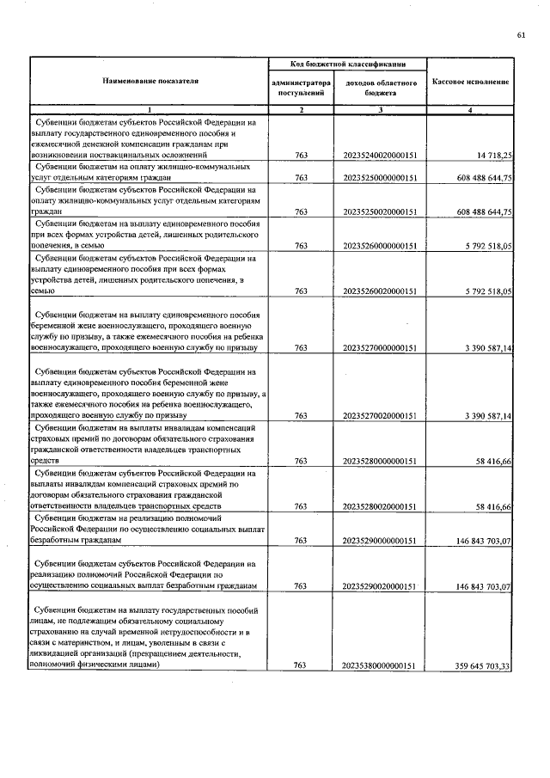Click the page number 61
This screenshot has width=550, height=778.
pos(521,34)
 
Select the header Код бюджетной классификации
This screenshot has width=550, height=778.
pos(344,64)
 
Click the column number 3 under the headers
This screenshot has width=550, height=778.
pos(381,110)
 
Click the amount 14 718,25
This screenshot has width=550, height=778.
pos(492,154)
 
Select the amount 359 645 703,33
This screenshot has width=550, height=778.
pos(475,665)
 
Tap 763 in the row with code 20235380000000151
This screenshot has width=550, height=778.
pos(301,665)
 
